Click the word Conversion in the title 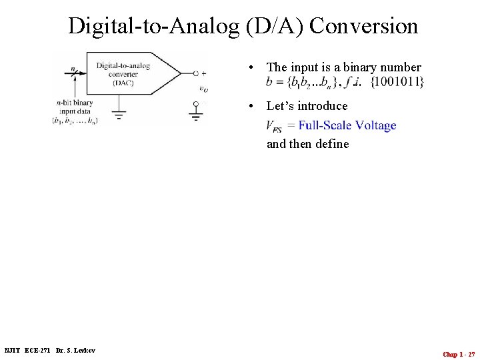click(364, 26)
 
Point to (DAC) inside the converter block click(123, 83)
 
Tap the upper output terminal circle click(195, 73)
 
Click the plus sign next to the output click(203, 73)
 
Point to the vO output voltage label click(203, 88)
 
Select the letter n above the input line click(73, 67)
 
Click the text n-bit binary click(75, 103)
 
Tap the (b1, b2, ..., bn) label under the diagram click(75, 121)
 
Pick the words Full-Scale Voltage click(347, 125)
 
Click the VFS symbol click(273, 126)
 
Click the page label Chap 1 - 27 click(459, 354)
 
